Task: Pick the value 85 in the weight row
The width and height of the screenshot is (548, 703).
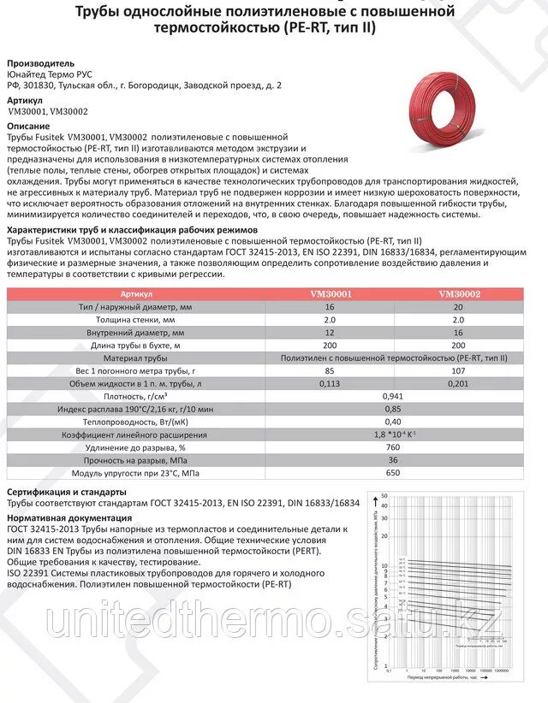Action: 331,371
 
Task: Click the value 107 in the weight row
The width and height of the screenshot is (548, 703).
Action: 460,371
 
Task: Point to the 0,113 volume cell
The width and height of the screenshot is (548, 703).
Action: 331,384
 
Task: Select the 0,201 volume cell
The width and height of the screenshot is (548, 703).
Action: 460,384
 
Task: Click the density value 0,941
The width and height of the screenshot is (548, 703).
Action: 393,397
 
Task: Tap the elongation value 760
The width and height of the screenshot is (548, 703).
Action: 393,447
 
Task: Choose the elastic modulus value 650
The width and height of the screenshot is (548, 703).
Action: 393,473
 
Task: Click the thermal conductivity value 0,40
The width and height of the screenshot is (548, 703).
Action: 393,422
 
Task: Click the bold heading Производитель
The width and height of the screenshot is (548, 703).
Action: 40,63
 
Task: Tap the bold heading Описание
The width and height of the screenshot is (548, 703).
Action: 29,125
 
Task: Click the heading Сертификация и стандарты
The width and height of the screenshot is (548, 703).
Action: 66,493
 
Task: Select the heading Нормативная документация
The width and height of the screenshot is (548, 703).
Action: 68,518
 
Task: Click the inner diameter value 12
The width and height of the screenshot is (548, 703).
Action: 331,333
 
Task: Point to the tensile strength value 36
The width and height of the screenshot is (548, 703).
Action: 393,460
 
